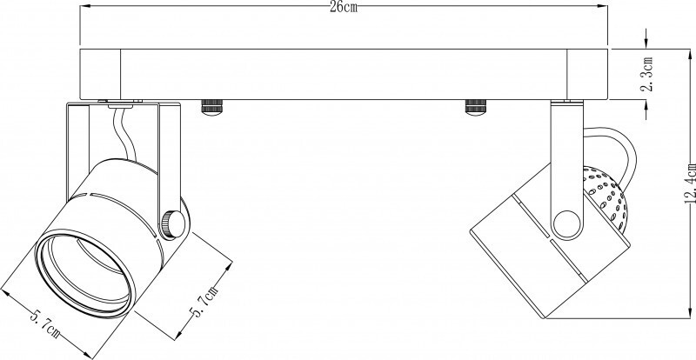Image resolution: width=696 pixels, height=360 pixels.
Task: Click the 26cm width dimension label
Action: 344,9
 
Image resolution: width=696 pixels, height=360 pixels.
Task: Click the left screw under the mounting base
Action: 211,108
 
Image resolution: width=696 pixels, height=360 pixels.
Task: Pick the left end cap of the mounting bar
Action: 100,74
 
